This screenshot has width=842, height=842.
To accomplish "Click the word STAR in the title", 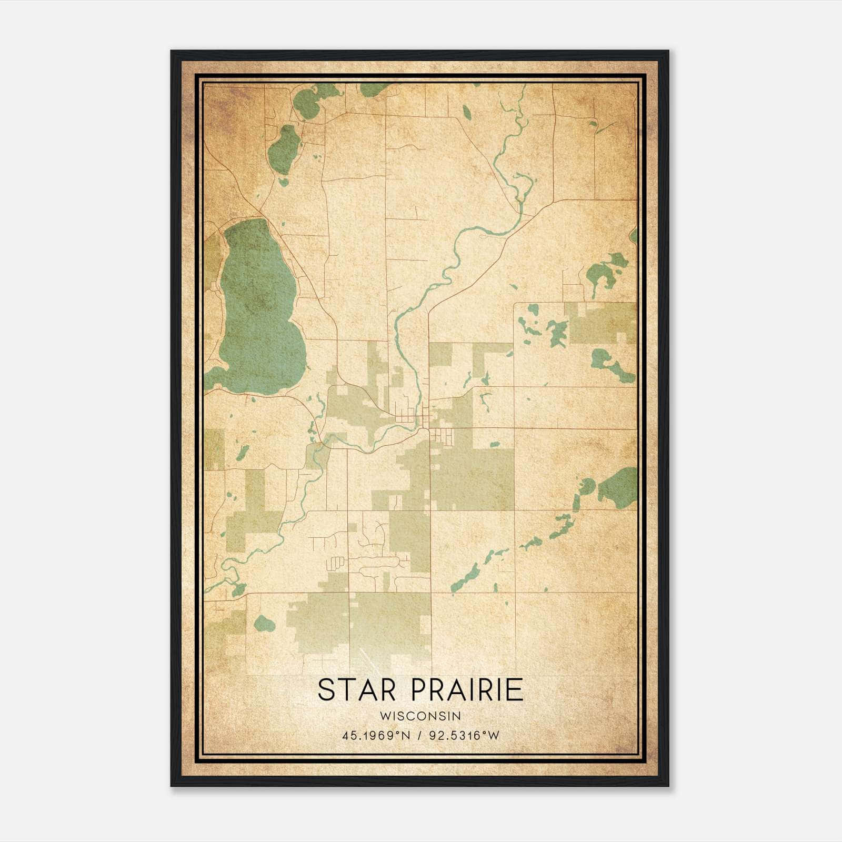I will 357,690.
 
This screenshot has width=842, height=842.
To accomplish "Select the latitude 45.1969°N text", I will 376,736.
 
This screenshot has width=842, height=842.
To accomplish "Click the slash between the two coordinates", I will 419,736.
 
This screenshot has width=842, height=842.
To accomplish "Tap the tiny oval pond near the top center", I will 466,112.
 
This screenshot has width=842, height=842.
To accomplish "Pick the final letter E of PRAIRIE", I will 516,690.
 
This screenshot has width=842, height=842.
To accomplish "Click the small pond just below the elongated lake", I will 283,182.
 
